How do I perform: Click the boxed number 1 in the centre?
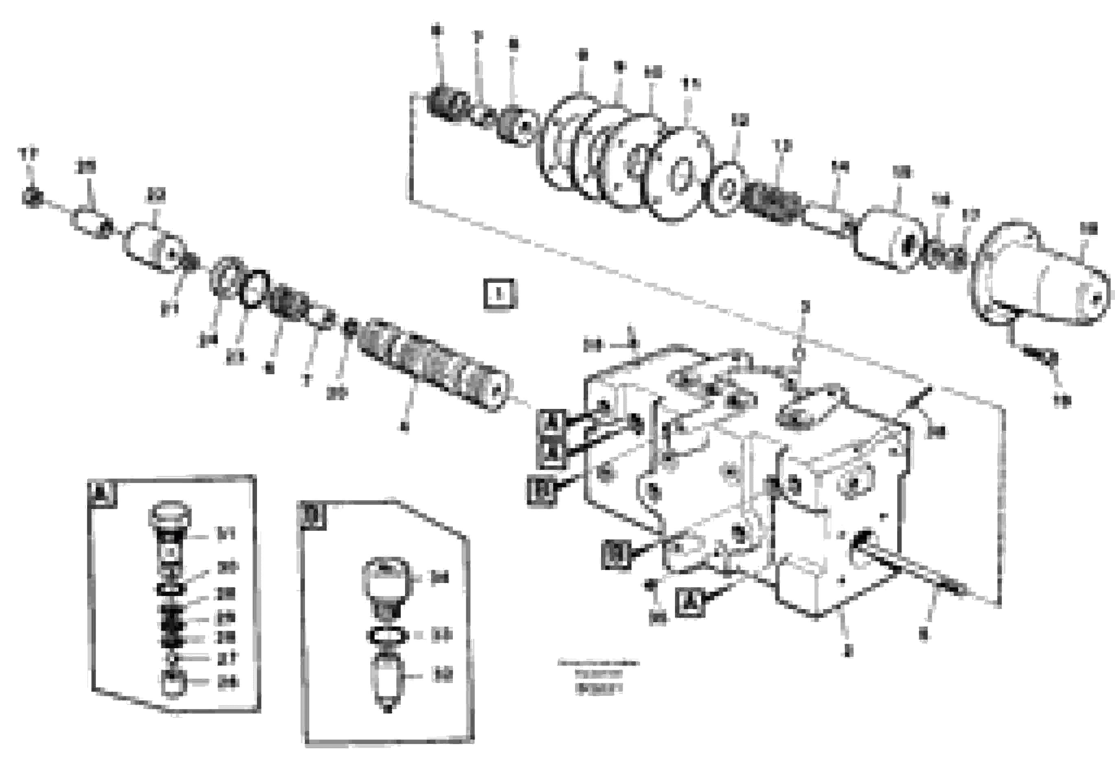tap(499, 294)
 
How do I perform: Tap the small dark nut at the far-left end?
tap(33, 197)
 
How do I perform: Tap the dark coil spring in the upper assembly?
tap(773, 204)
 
